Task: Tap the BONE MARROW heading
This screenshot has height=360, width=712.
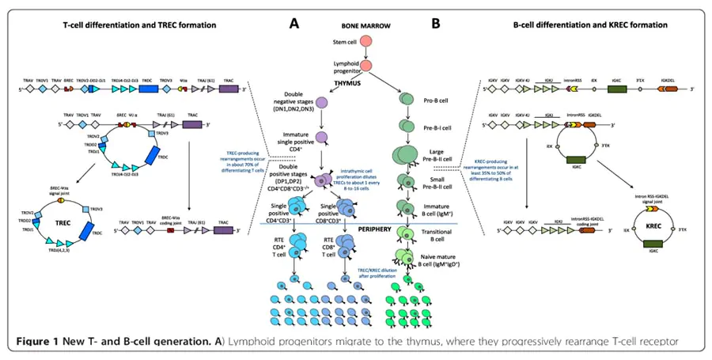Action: coord(362,24)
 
